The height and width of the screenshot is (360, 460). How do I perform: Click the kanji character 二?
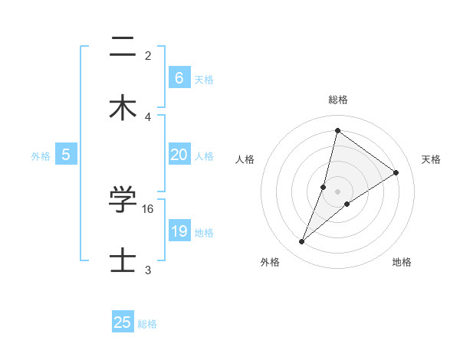(x=123, y=48)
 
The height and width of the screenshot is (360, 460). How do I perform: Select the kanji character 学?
(x=123, y=201)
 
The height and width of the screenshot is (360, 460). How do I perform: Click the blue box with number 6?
(x=179, y=77)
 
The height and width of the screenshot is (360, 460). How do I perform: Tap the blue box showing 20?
(x=179, y=155)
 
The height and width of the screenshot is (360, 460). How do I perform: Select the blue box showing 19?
(x=179, y=231)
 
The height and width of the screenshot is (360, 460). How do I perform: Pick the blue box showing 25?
(x=123, y=322)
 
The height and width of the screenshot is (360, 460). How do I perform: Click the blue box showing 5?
(x=66, y=155)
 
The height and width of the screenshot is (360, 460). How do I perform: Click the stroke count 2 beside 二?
(x=148, y=56)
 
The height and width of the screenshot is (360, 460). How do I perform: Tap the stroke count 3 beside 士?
(x=148, y=270)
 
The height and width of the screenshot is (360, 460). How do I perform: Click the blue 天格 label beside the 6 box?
(x=204, y=79)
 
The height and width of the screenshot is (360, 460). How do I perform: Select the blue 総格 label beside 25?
(x=147, y=324)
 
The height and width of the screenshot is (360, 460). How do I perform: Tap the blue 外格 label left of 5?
(x=41, y=155)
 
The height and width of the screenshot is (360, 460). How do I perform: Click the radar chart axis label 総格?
(x=338, y=100)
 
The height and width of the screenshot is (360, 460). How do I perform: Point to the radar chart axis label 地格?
(x=402, y=262)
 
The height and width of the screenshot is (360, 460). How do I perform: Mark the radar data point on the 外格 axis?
(x=302, y=242)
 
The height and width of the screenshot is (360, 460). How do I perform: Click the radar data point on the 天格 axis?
(x=396, y=173)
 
